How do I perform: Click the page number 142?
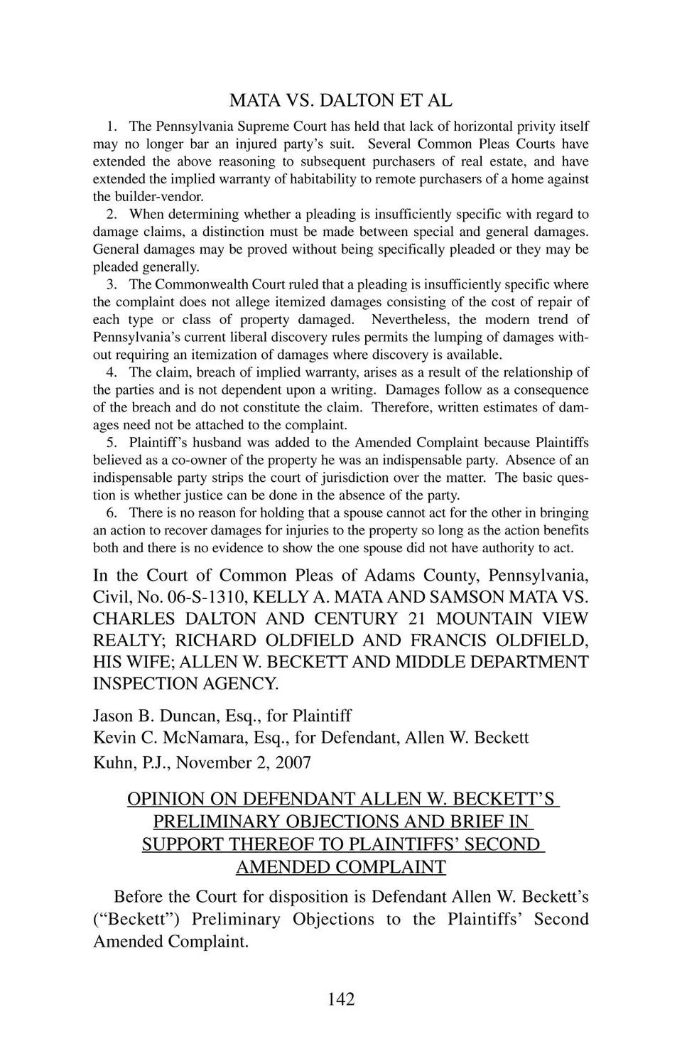(x=341, y=999)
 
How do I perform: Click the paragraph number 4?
(x=112, y=372)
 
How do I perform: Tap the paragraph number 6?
(x=112, y=512)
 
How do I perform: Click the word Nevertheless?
(x=411, y=320)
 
